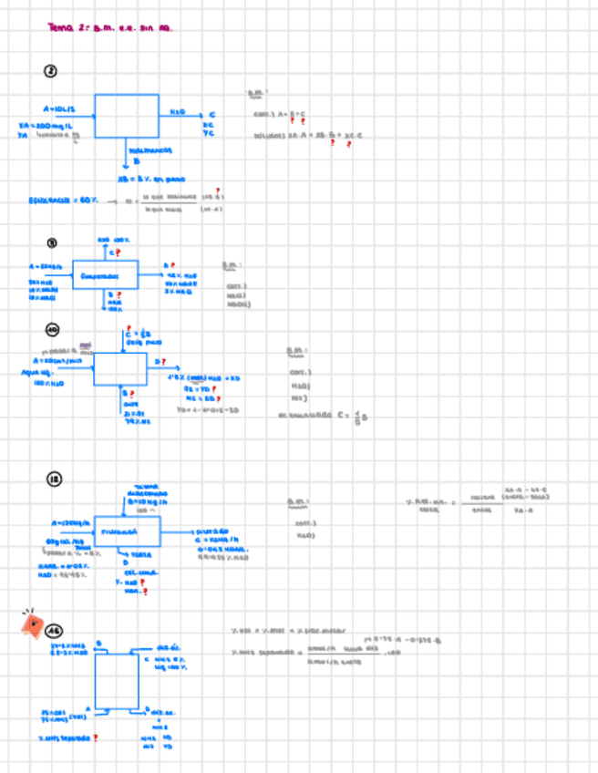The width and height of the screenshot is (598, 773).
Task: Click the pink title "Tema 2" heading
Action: pyautogui.click(x=108, y=27)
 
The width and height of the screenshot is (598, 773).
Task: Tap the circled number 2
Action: pyautogui.click(x=51, y=72)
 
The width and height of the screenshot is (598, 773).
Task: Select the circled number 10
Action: pyautogui.click(x=52, y=329)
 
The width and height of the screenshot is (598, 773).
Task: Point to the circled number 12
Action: pyautogui.click(x=53, y=480)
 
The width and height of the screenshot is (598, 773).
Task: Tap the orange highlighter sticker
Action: pyautogui.click(x=33, y=624)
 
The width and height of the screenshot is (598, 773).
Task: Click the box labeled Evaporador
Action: pyautogui.click(x=105, y=274)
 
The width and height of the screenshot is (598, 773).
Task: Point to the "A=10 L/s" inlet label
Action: pyautogui.click(x=57, y=108)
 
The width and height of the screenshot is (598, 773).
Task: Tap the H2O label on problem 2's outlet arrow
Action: pyautogui.click(x=177, y=112)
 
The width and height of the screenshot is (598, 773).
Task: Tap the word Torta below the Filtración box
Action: pyautogui.click(x=142, y=554)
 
